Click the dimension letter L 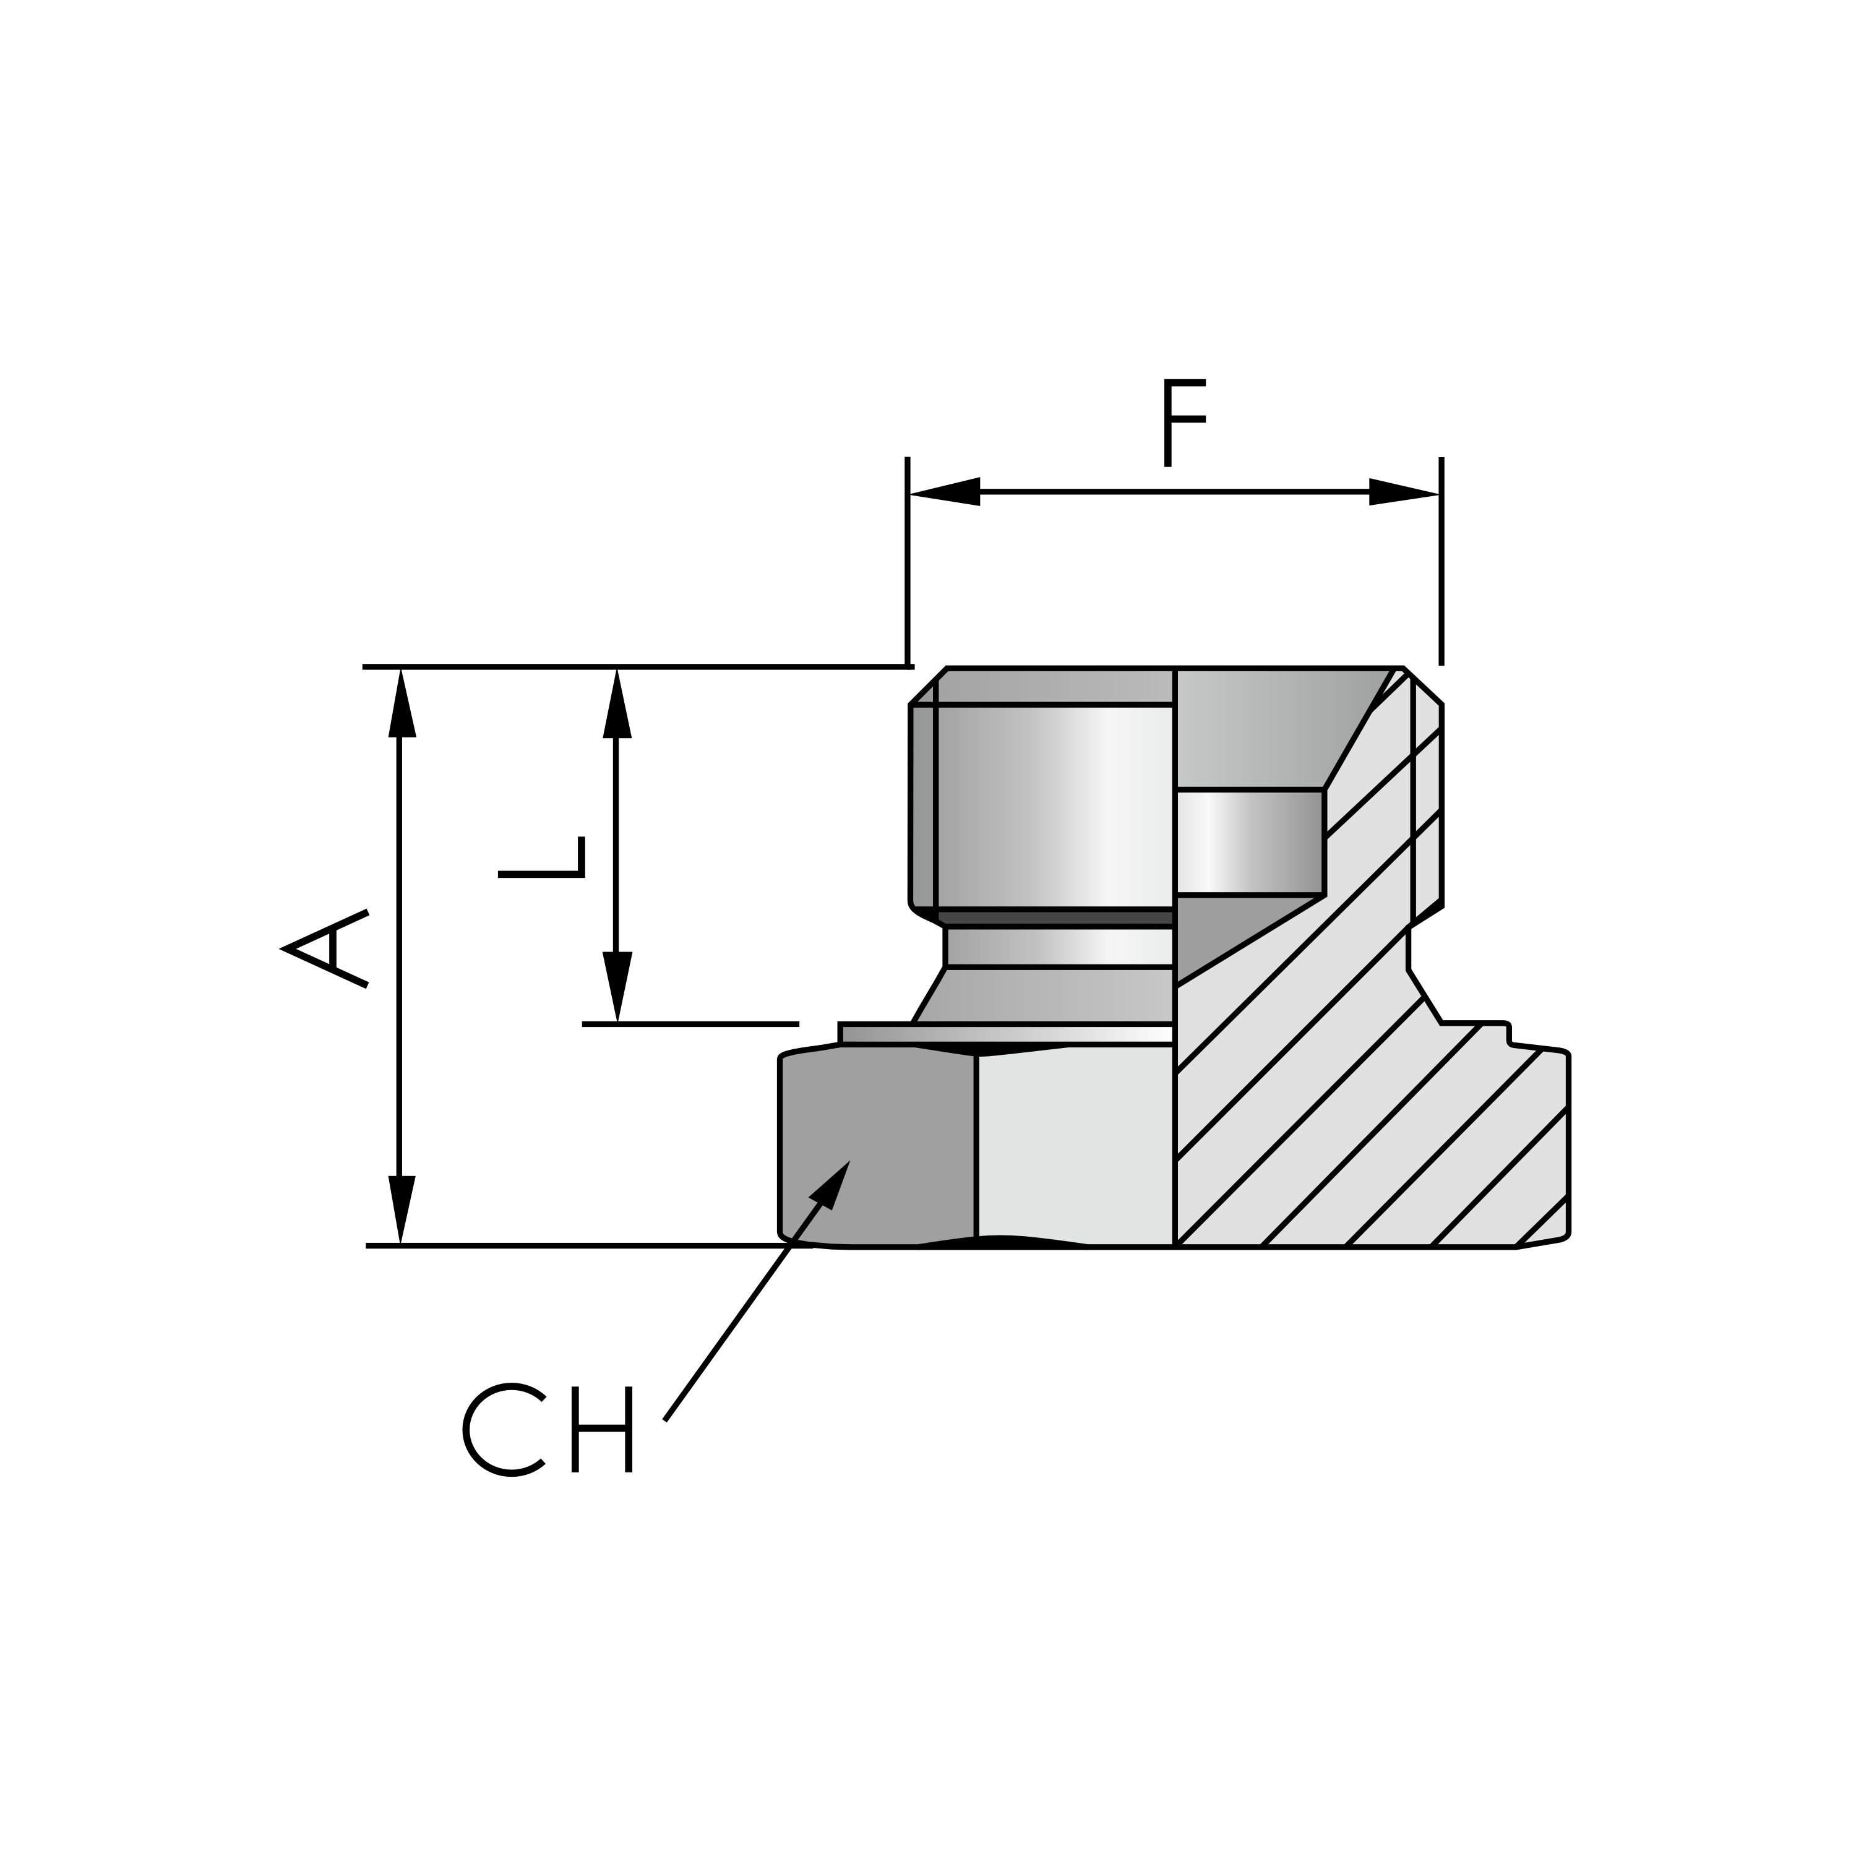(543, 856)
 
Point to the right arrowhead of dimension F (1403, 492)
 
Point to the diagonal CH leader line (740, 1316)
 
